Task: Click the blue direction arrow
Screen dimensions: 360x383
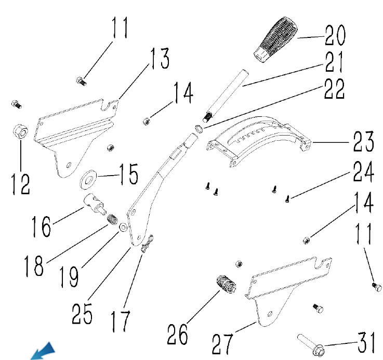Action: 43,351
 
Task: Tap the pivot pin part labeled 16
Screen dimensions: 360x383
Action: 95,203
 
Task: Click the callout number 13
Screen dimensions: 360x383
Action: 159,59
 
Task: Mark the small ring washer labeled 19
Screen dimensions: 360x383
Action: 123,228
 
